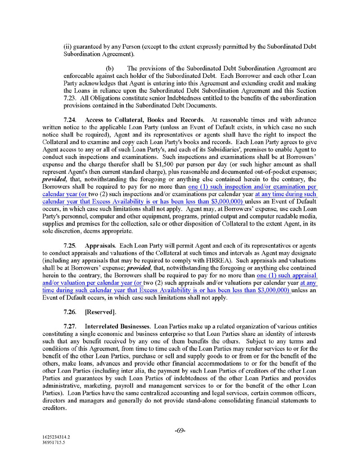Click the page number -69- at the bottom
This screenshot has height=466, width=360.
coord(180,430)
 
